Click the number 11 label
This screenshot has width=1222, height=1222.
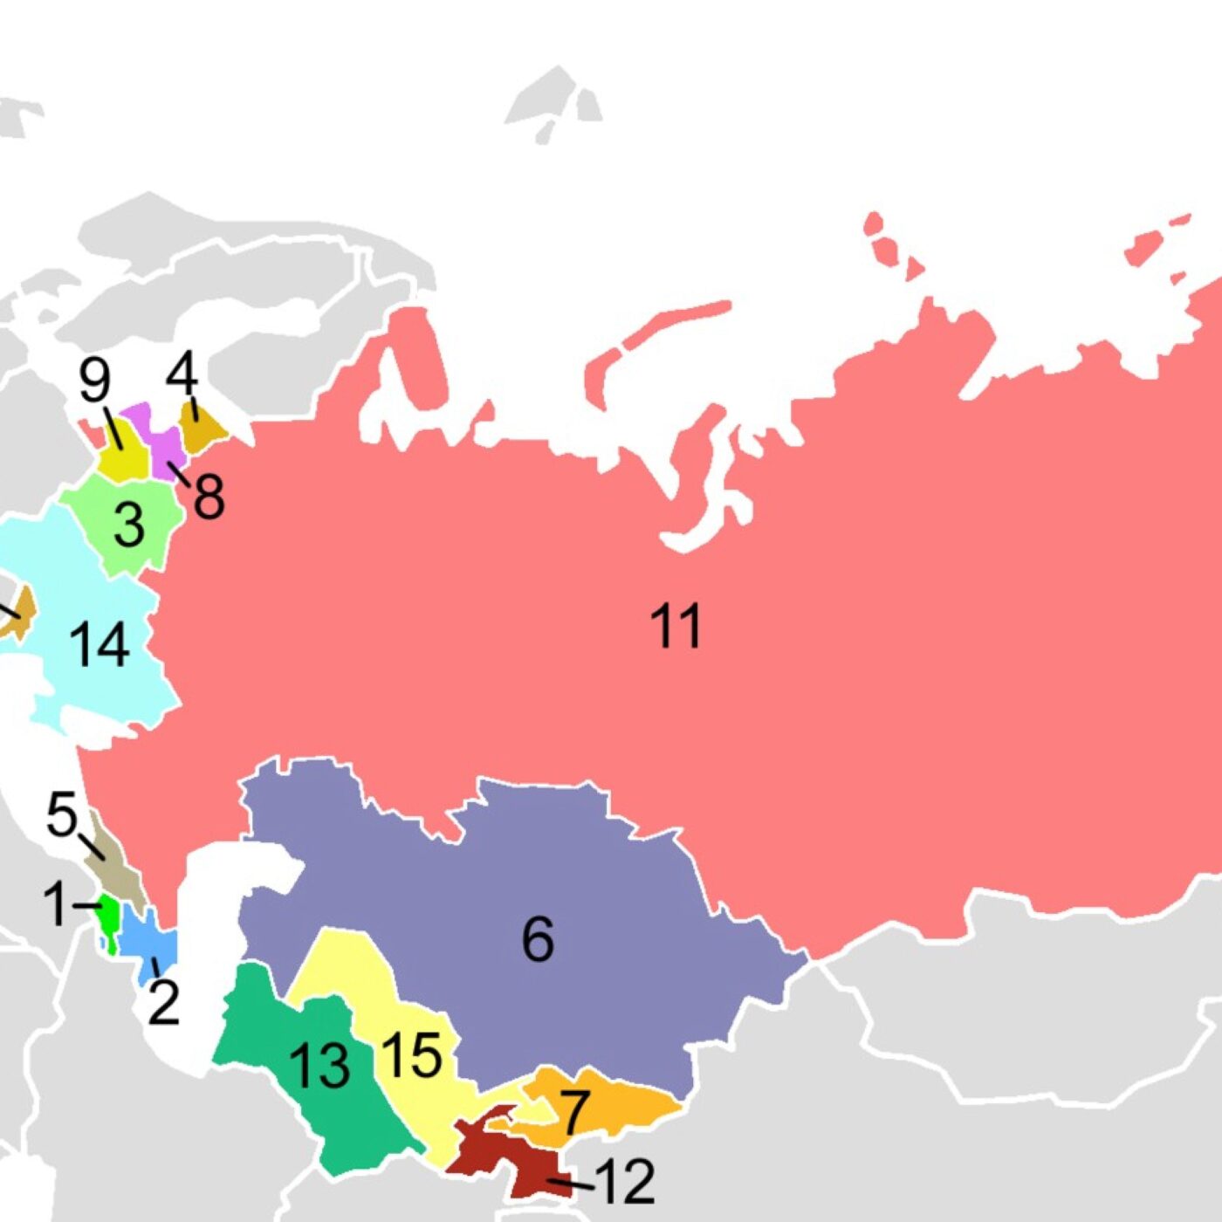(x=675, y=626)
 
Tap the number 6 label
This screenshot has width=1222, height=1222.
(x=538, y=939)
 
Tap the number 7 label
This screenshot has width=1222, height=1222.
(x=573, y=1112)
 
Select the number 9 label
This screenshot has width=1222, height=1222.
(x=94, y=381)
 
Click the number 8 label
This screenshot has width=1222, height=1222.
(x=208, y=496)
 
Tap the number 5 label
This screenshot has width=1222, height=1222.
(x=61, y=814)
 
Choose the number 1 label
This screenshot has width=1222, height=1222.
(x=54, y=903)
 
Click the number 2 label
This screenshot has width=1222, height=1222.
(x=163, y=1002)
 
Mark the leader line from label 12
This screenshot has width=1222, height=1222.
(x=571, y=1184)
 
